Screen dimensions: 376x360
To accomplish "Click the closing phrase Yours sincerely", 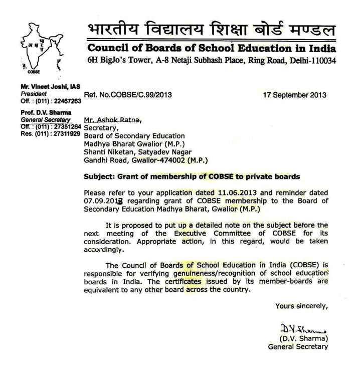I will (x=301, y=306).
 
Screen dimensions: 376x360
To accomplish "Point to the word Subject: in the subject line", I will (x=100, y=176).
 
